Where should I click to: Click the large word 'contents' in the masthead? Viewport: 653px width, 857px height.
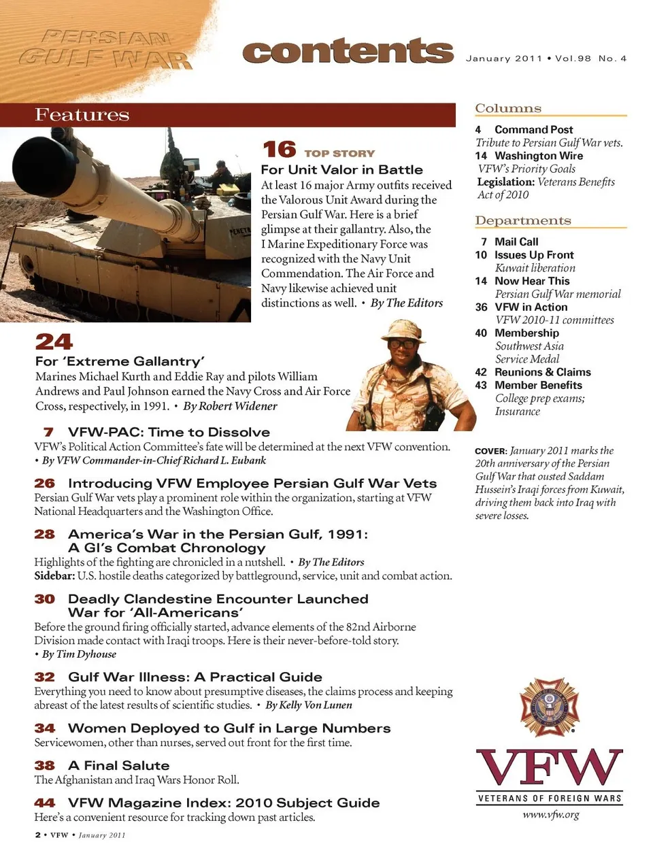pyautogui.click(x=348, y=52)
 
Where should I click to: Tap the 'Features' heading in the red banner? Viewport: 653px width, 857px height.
pyautogui.click(x=82, y=115)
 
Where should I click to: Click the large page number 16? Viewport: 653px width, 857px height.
pyautogui.click(x=279, y=150)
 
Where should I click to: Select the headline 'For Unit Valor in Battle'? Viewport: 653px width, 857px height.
pyautogui.click(x=341, y=169)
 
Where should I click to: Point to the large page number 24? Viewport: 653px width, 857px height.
pyautogui.click(x=54, y=341)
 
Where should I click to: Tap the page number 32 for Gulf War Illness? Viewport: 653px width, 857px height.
pyautogui.click(x=44, y=677)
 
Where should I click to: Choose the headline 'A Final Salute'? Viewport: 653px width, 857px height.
pyautogui.click(x=118, y=765)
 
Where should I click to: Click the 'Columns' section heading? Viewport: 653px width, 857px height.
pyautogui.click(x=508, y=108)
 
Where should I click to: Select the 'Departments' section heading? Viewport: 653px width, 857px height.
pyautogui.click(x=522, y=220)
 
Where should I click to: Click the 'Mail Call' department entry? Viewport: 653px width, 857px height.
pyautogui.click(x=516, y=241)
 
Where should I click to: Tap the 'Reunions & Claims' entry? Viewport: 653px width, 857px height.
pyautogui.click(x=542, y=372)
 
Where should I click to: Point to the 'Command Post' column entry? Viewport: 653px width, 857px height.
pyautogui.click(x=533, y=129)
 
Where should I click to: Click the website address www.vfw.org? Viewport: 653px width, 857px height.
pyautogui.click(x=550, y=814)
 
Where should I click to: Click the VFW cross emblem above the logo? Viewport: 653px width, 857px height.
pyautogui.click(x=549, y=707)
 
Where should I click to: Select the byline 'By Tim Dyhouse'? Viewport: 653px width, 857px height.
pyautogui.click(x=79, y=654)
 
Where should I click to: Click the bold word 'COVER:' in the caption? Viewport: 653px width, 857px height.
pyautogui.click(x=490, y=451)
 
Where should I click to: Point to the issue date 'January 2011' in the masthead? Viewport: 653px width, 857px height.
pyautogui.click(x=503, y=58)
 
